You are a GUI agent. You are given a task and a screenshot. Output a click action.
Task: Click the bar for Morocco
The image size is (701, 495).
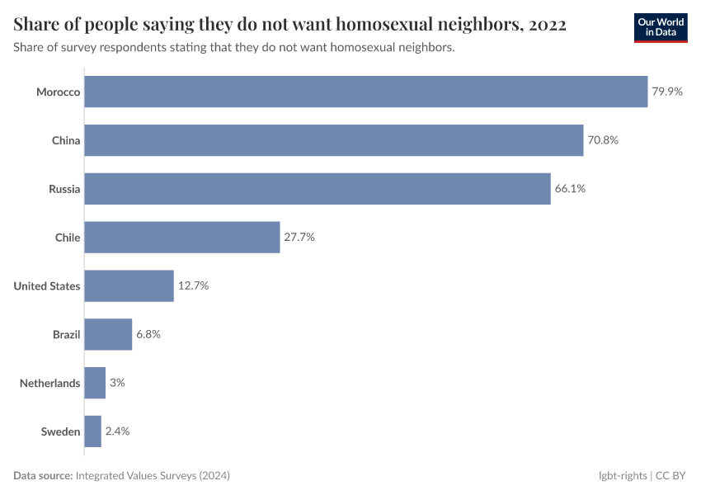coord(365,92)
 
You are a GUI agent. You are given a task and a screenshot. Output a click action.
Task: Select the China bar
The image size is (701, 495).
coord(333,140)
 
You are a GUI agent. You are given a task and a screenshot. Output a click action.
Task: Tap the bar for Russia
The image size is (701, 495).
coord(317,189)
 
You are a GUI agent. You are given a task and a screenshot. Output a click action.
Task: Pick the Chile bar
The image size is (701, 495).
coord(181,237)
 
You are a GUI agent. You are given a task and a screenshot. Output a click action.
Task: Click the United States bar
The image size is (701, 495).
coord(129,285)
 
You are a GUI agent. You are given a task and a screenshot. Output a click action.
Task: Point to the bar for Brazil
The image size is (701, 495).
coord(108,334)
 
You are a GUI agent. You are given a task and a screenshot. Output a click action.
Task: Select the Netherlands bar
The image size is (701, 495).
coord(95,383)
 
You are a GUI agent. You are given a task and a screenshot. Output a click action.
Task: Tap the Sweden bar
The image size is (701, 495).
coord(92,431)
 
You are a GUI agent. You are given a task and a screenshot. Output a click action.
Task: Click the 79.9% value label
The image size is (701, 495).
coord(667,92)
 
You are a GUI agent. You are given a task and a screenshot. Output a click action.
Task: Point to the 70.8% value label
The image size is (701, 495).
coord(603,140)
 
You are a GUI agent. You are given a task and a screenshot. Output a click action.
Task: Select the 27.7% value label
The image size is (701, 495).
coord(299,237)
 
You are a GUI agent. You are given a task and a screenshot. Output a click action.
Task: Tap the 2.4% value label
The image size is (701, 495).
coord(117,431)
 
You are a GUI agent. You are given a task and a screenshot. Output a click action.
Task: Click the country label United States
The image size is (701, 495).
coord(47,286)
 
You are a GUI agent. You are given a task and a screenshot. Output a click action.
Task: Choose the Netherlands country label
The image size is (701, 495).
coord(50,383)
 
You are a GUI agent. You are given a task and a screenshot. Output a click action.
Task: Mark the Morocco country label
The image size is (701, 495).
coord(58,92)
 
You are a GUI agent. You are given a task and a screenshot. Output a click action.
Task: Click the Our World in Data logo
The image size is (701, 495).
coord(660,26)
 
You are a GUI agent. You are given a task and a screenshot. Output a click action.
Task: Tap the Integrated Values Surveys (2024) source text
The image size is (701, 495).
coord(153,476)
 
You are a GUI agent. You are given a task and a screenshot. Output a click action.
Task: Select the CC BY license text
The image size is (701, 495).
coord(671,476)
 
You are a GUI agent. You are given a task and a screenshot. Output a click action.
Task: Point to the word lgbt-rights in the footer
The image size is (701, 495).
coord(623,476)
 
